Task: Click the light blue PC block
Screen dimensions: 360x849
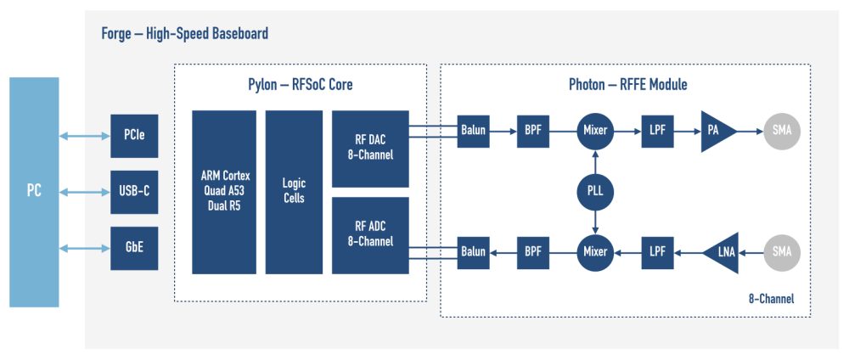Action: point(34,192)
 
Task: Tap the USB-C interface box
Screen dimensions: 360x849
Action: point(134,191)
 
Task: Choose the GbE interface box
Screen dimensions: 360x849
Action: point(134,248)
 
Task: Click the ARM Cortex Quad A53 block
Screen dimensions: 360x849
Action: point(223,192)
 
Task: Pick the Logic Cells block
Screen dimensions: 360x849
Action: point(294,192)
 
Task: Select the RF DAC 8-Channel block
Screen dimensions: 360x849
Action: point(370,149)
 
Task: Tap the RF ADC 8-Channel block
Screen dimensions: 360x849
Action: point(370,235)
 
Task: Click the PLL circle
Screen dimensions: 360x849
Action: point(595,192)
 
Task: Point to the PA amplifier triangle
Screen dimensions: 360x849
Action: point(716,132)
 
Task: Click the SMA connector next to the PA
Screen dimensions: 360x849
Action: point(782,132)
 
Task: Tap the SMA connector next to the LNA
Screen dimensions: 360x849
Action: point(782,252)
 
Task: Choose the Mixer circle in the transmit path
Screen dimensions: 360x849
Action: point(595,132)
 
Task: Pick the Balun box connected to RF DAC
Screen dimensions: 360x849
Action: point(473,132)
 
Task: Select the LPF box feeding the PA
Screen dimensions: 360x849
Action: point(657,132)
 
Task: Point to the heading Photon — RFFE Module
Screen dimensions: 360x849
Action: point(627,85)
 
